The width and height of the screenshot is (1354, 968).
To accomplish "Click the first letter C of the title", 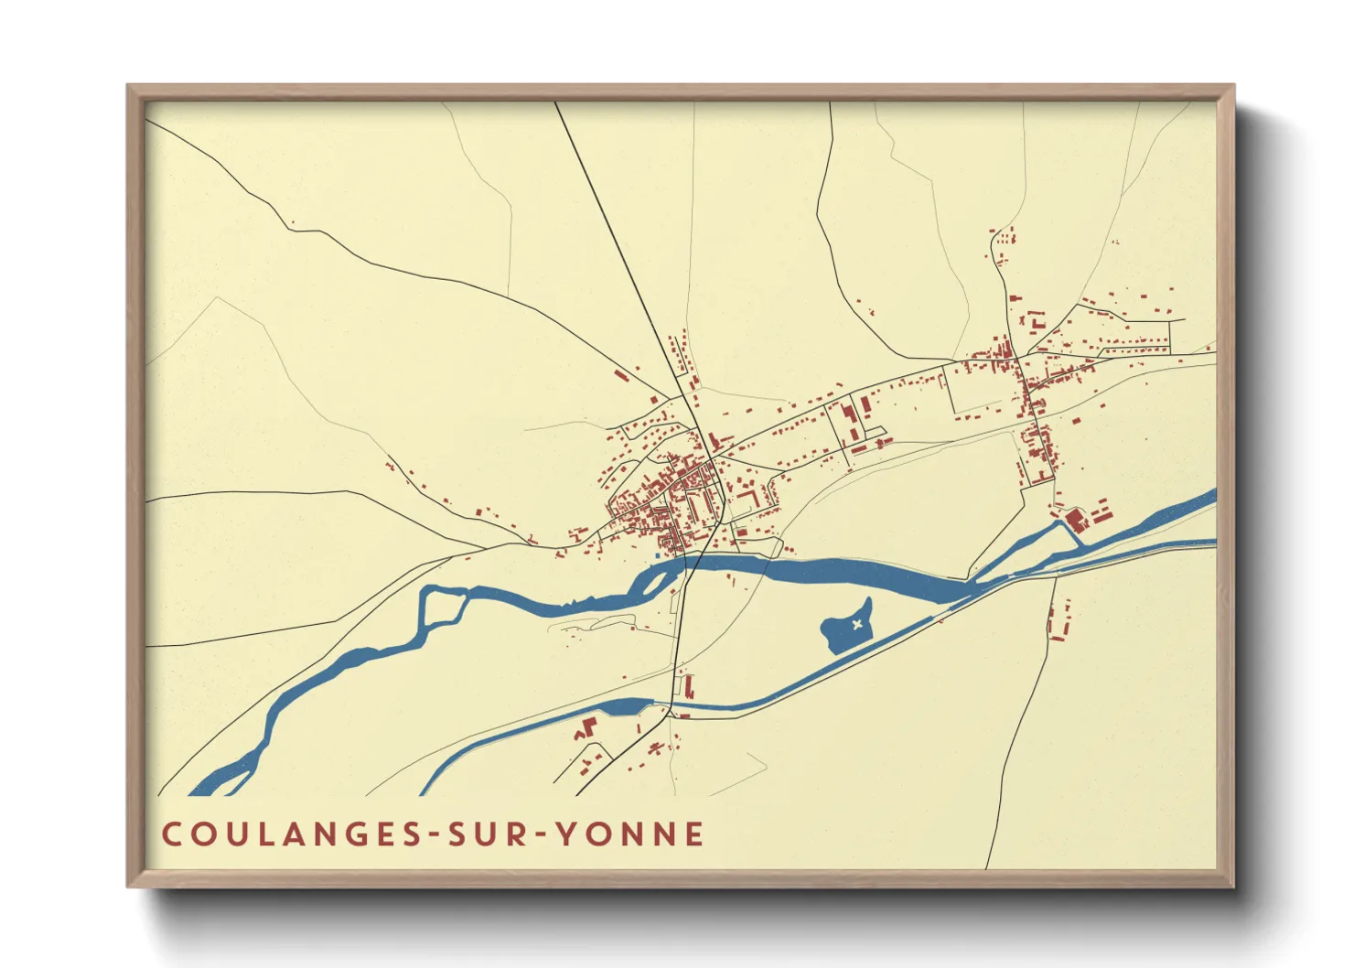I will [171, 834].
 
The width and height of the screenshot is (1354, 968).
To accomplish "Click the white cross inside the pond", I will [856, 625].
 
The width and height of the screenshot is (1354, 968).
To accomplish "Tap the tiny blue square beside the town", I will [658, 555].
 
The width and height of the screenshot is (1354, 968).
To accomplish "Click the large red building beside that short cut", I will [1074, 520].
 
